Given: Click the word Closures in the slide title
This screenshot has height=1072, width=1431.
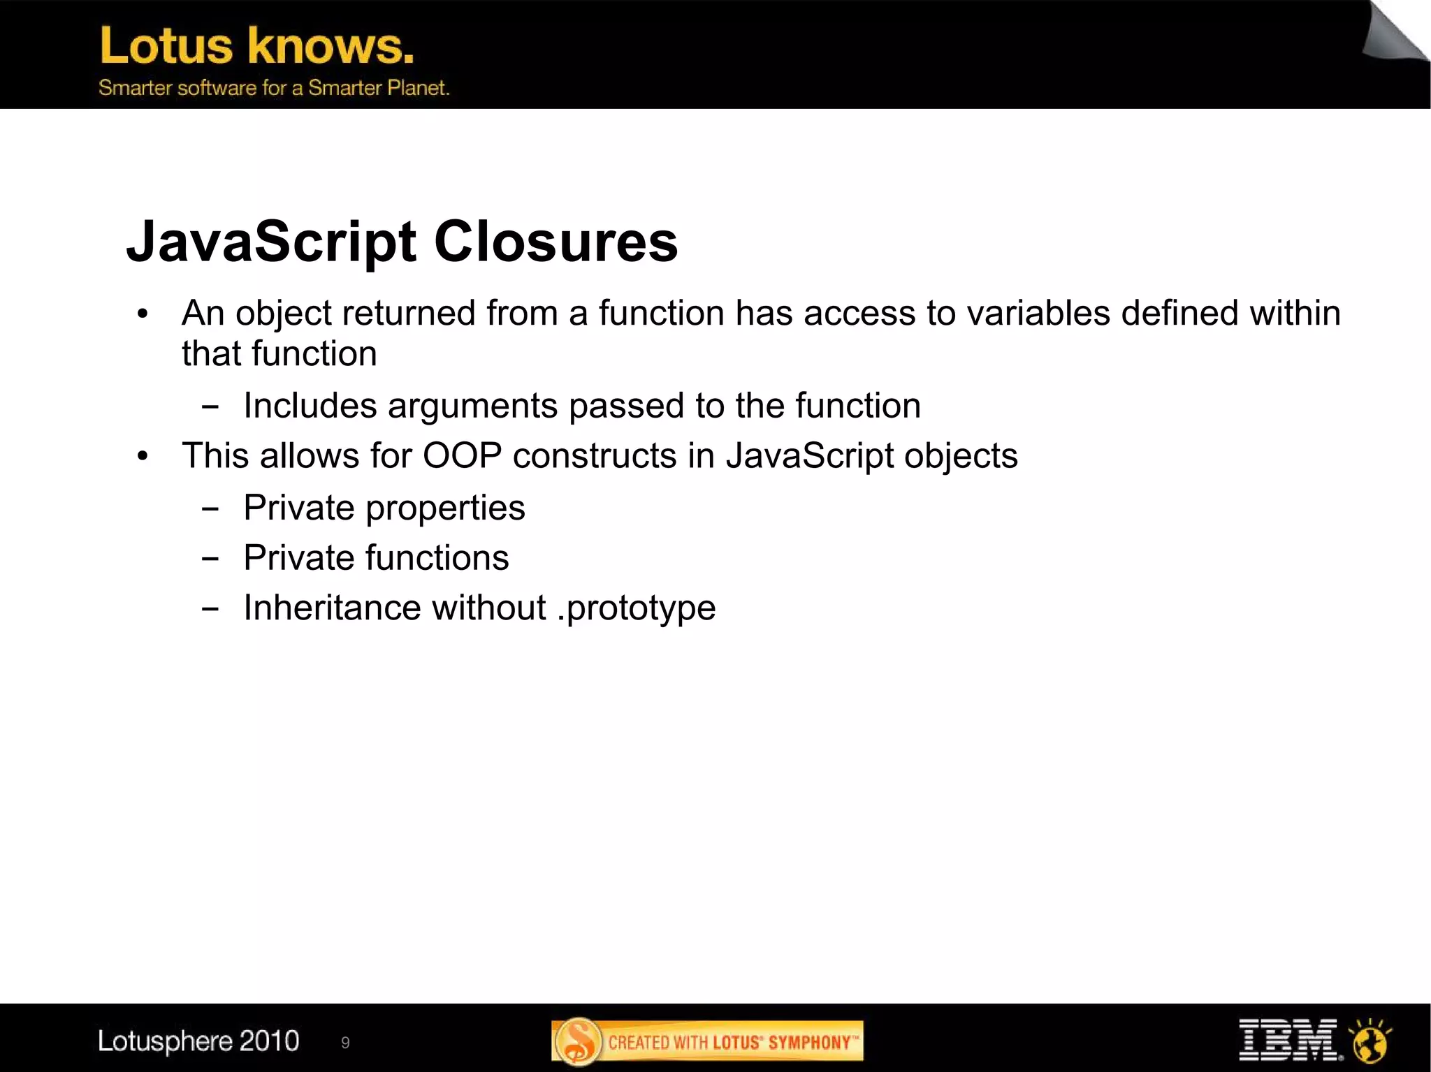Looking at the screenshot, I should pos(555,242).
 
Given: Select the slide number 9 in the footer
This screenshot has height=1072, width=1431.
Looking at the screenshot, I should pos(345,1043).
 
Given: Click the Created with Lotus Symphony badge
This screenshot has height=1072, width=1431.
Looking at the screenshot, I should pos(707,1041).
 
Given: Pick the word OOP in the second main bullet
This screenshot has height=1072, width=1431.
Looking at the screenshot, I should pos(462,456).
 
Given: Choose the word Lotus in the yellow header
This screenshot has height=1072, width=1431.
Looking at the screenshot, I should pos(166,46).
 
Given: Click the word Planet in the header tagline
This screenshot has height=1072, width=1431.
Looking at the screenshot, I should pos(418,88).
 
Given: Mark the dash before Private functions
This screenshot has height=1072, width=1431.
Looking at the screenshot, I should pos(210,559).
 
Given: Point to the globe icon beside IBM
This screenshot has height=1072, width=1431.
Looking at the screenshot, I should pos(1370,1040).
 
